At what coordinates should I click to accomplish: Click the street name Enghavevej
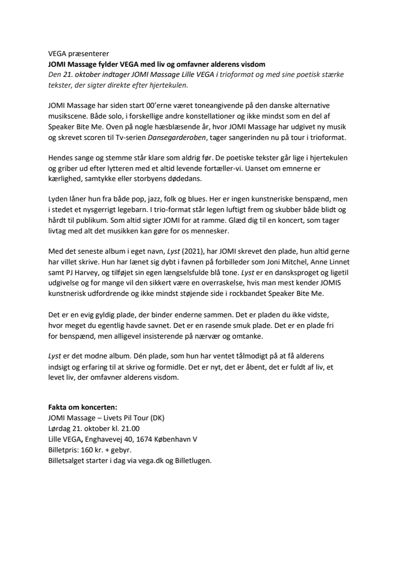click(x=103, y=438)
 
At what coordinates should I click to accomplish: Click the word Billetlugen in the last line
click(x=194, y=458)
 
